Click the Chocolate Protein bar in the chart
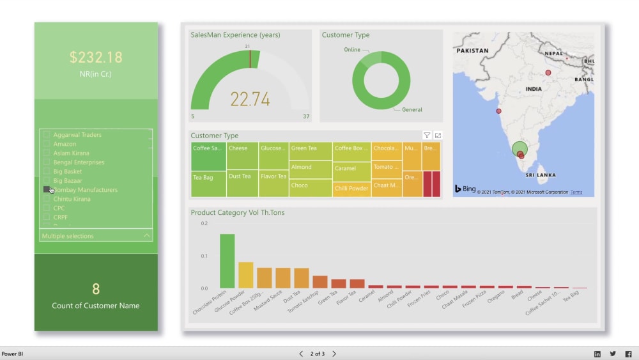[227, 261]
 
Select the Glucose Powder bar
[245, 275]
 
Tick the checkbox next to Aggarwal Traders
[46, 135]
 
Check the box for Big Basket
[46, 171]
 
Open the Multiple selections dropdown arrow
[147, 236]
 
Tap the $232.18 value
[96, 57]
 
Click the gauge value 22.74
[250, 99]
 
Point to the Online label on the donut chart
[352, 50]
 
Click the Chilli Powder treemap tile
[351, 188]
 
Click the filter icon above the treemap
[427, 136]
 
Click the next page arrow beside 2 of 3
[334, 354]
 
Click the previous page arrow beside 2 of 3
[301, 354]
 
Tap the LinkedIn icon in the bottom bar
[597, 354]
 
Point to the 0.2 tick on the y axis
[204, 224]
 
